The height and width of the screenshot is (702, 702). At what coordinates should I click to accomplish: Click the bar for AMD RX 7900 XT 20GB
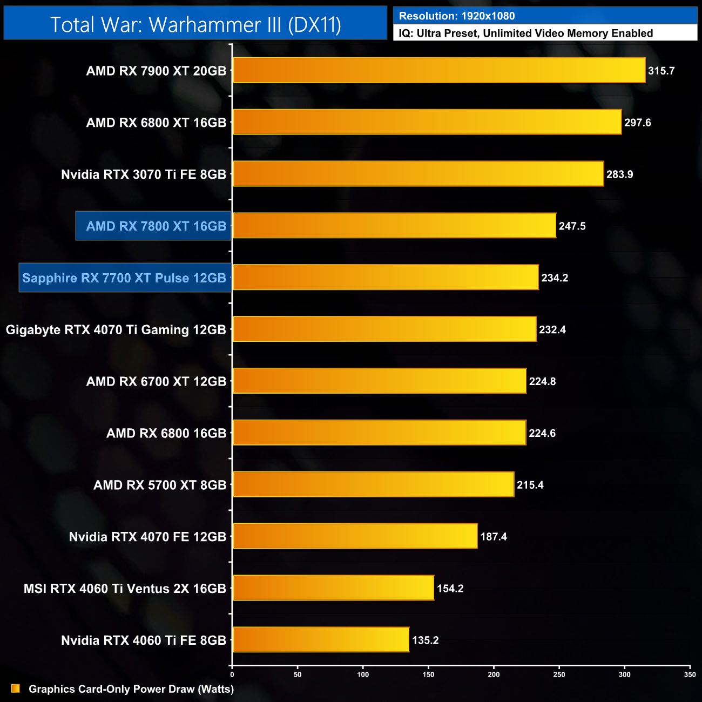438,70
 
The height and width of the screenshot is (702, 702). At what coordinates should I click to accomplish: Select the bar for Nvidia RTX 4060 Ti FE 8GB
321,640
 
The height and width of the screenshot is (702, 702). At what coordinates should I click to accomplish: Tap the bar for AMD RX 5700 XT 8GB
373,484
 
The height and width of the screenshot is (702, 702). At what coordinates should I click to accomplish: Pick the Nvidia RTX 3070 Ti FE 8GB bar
418,174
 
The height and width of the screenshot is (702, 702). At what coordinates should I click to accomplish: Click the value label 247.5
572,226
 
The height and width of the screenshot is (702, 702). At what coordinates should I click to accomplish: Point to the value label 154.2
450,589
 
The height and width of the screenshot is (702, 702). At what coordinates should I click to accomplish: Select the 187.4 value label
493,537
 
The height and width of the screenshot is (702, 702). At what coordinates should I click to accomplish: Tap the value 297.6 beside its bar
637,123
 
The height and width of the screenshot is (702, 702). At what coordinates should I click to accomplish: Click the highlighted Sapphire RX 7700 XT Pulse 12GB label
125,278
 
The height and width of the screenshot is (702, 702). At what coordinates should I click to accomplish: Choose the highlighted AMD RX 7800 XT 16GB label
156,226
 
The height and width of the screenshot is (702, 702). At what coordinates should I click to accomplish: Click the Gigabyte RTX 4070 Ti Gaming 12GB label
116,330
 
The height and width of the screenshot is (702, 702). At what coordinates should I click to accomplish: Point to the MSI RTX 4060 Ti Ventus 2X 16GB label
125,589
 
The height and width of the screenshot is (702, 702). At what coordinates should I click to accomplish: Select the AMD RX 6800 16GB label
166,433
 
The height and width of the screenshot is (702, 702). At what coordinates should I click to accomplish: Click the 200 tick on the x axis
494,674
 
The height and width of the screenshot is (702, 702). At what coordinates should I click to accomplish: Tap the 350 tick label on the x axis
690,674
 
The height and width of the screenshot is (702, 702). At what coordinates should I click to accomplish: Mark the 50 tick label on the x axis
298,674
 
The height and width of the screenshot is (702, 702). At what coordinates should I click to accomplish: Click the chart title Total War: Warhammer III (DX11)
195,24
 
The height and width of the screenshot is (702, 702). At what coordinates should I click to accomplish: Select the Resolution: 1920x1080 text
457,16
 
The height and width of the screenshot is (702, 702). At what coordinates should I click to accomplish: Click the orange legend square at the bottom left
15,688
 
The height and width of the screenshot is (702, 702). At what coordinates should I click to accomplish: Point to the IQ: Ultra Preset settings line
525,33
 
